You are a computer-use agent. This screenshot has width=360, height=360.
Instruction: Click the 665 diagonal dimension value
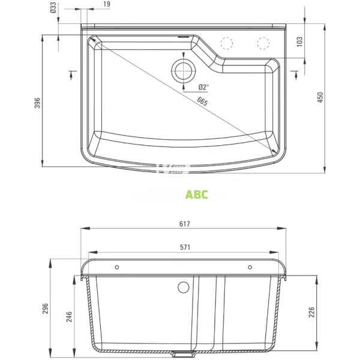202,103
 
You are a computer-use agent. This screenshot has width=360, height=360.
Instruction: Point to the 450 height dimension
320,97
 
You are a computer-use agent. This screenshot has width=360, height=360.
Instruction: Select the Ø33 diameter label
53,8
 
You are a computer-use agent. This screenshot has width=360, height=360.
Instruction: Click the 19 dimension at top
106,5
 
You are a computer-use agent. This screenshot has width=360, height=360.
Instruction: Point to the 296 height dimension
45,308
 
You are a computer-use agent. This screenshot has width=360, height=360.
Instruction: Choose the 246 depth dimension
68,316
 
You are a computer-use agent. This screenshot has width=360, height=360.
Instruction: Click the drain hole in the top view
183,70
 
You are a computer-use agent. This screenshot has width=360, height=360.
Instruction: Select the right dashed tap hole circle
263,43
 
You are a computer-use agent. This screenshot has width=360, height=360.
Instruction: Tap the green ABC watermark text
197,194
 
